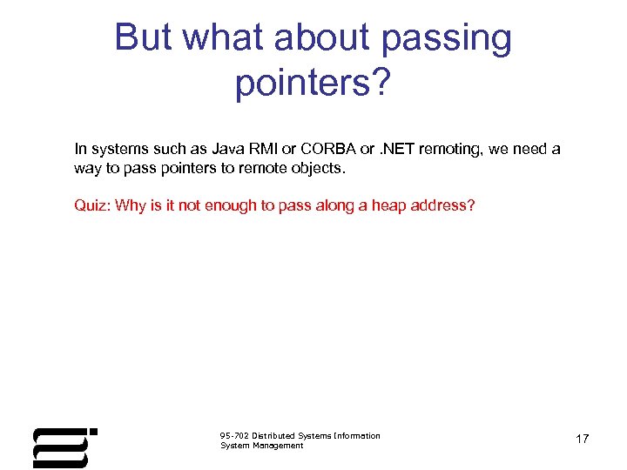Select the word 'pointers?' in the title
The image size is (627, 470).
point(313,83)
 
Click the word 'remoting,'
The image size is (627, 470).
point(452,149)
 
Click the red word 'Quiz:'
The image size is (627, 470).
point(92,206)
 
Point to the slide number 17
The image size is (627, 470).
point(582,440)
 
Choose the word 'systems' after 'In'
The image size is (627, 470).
point(114,149)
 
